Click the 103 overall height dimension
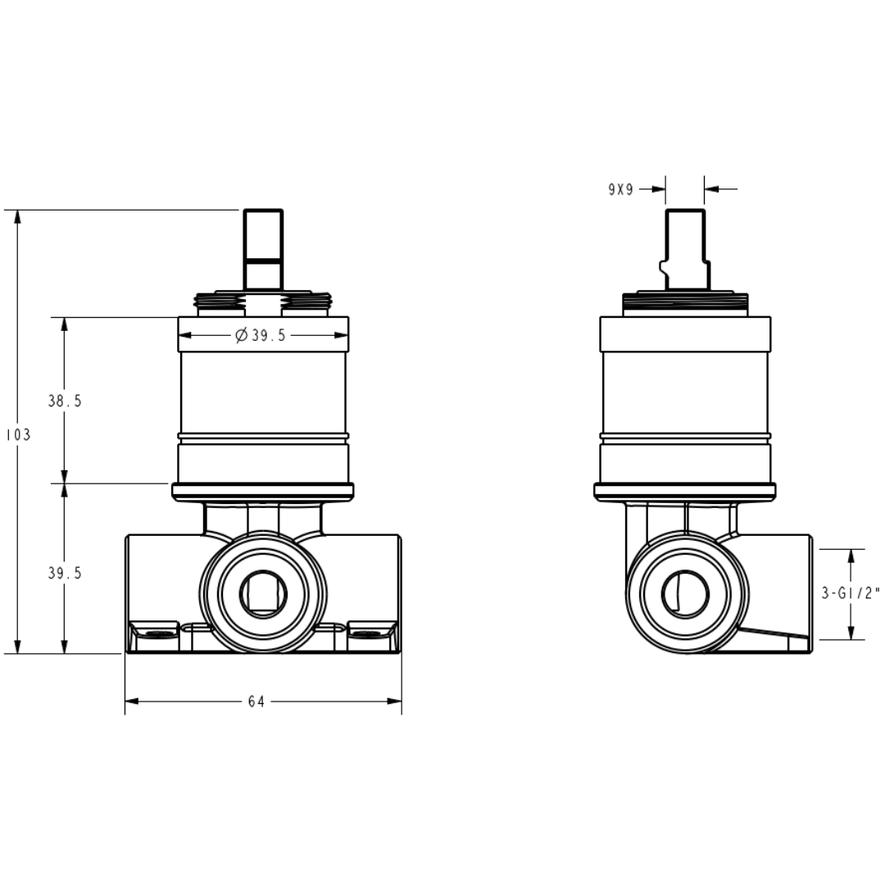18,434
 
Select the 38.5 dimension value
65,401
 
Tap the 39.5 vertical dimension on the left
65,573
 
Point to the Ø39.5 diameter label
261,335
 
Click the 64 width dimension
256,701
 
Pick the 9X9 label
621,189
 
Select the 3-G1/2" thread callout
851,593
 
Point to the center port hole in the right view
685,594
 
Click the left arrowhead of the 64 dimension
131,701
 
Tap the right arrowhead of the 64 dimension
394,701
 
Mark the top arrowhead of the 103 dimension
18,216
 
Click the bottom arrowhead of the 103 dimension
18,647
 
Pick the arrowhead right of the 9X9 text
659,189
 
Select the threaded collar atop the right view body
685,304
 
